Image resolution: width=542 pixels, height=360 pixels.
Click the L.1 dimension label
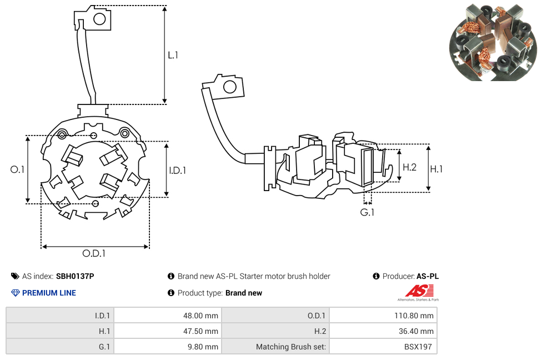pyautogui.click(x=173, y=55)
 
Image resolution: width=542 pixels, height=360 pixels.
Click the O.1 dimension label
pyautogui.click(x=18, y=169)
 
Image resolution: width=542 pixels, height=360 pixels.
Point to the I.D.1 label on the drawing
pyautogui.click(x=177, y=171)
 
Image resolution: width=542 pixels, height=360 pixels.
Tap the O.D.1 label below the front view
pyautogui.click(x=94, y=253)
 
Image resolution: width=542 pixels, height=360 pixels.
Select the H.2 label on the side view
pyautogui.click(x=409, y=167)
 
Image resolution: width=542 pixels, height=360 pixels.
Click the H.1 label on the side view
pyautogui.click(x=436, y=169)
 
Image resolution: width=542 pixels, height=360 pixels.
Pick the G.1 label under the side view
pyautogui.click(x=367, y=212)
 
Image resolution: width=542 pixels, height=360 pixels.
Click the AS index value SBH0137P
pyautogui.click(x=75, y=276)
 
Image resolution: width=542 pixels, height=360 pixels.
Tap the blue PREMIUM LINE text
pyautogui.click(x=49, y=293)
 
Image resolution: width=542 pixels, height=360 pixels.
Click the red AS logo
pyautogui.click(x=419, y=291)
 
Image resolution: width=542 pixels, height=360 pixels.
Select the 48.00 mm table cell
pyautogui.click(x=167, y=316)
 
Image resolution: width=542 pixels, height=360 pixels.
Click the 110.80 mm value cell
pyautogui.click(x=383, y=316)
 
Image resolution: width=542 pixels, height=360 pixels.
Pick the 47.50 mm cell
pyautogui.click(x=167, y=331)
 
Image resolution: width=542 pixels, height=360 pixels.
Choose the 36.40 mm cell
pyautogui.click(x=383, y=331)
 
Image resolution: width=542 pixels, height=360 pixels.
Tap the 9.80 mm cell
pyautogui.click(x=167, y=347)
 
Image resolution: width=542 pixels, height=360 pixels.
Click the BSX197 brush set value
pyautogui.click(x=383, y=347)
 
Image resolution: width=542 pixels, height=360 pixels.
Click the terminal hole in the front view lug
pyautogui.click(x=99, y=19)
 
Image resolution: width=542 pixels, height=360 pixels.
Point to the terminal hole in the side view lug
pyautogui.click(x=229, y=87)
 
